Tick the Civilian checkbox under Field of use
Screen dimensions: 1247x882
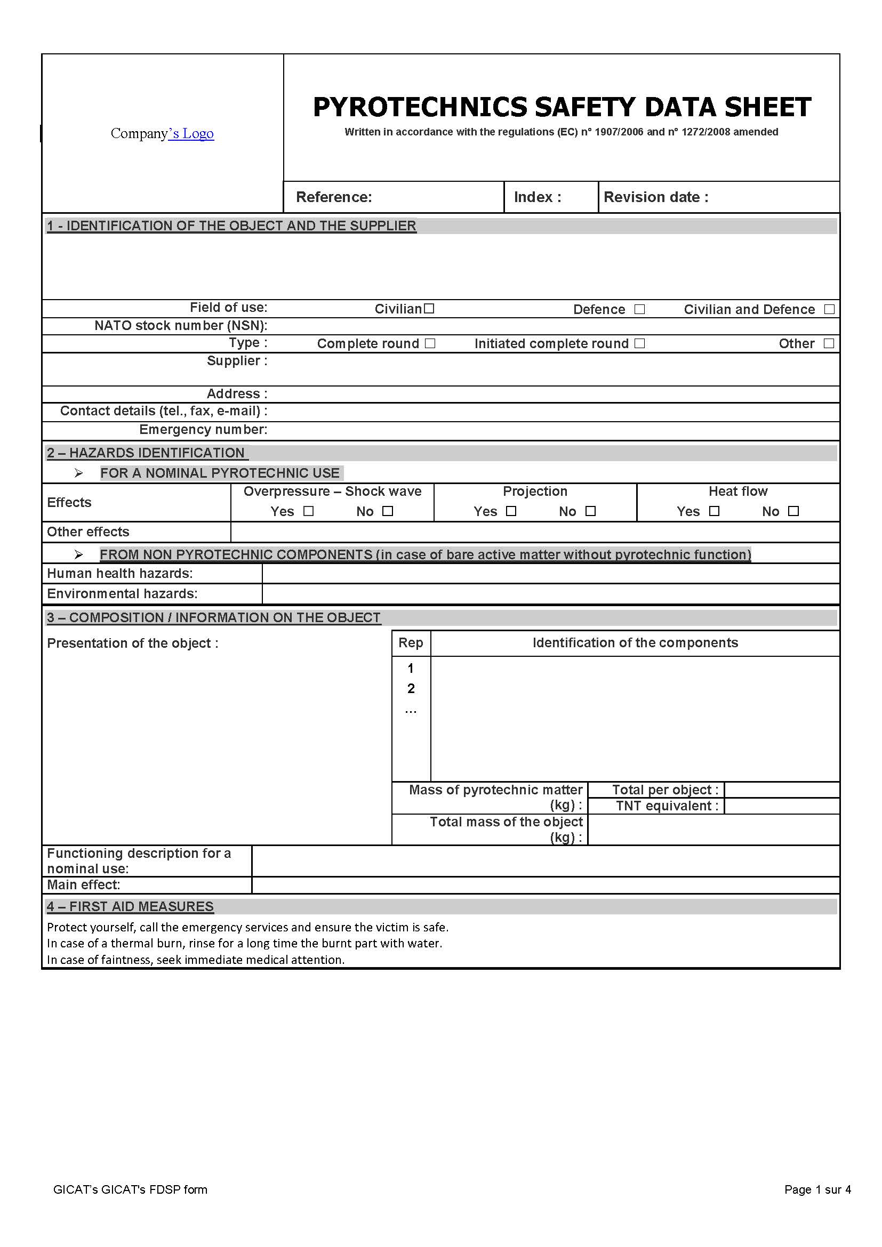coord(429,309)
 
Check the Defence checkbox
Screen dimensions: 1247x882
coord(640,309)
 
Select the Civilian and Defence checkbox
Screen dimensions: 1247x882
coord(829,309)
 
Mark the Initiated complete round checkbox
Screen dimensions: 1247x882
coord(640,343)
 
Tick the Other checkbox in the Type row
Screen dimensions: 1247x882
coord(829,343)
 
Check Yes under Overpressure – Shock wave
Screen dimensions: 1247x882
coord(308,511)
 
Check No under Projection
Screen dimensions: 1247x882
coord(591,511)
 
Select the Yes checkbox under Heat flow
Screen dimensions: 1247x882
coord(714,511)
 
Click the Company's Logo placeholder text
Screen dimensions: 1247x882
coord(162,133)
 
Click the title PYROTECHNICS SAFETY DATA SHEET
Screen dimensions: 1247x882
coord(562,107)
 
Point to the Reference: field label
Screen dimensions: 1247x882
coord(333,197)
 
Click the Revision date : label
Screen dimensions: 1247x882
coord(655,197)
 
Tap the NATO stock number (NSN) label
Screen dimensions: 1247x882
coord(180,325)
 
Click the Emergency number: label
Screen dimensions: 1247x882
coord(203,430)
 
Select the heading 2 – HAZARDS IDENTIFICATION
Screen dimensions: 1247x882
coord(146,453)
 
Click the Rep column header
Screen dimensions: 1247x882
coord(411,643)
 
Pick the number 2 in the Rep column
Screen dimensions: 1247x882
coord(411,689)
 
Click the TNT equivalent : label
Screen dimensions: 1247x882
coord(667,806)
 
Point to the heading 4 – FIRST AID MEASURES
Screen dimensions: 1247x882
coord(130,906)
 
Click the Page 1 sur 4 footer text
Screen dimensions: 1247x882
coord(817,1189)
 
